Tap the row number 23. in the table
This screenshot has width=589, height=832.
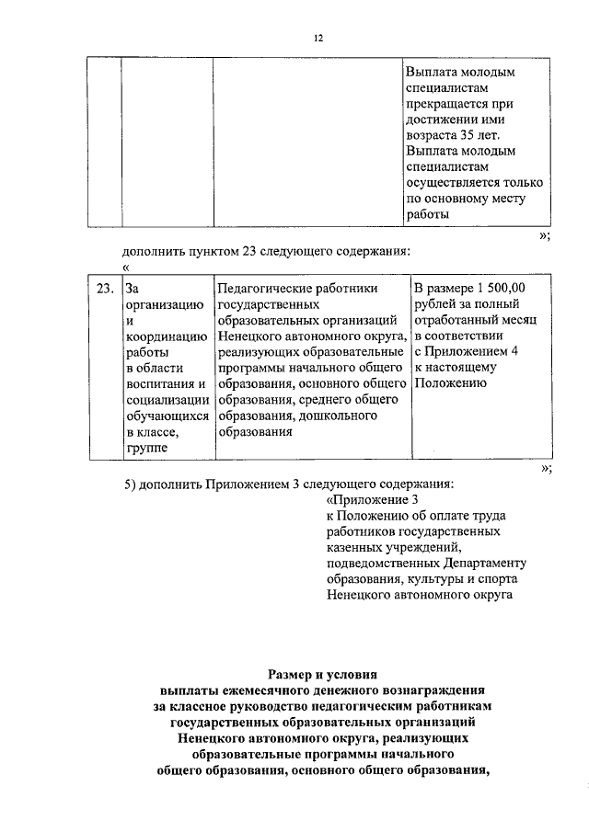tap(105, 289)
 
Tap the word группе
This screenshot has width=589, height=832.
tap(147, 449)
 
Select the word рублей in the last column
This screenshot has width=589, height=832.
tap(436, 304)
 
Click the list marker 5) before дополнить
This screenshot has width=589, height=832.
tap(131, 484)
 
